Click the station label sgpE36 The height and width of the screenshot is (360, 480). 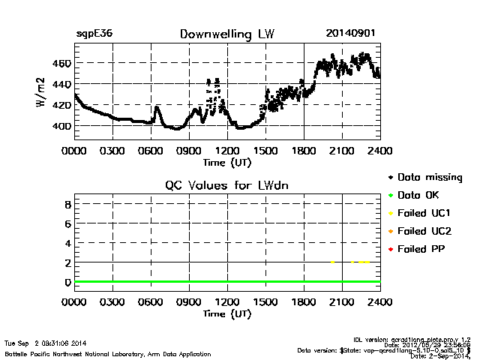coord(94,34)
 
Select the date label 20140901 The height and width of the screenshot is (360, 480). coord(350,34)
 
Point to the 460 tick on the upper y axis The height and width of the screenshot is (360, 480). coord(62,63)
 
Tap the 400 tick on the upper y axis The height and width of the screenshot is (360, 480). coord(62,126)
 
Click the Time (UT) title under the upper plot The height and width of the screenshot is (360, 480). coord(227,162)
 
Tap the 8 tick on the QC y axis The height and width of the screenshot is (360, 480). coord(67,204)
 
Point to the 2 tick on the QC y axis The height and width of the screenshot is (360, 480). coord(67,262)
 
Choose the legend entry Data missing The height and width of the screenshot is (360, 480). coord(429,178)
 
